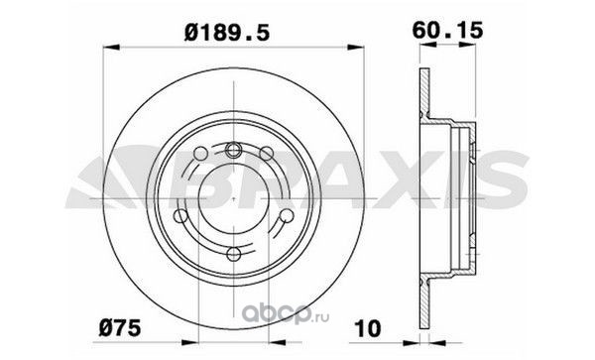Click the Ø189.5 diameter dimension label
[x=227, y=32]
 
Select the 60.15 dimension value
[x=448, y=31]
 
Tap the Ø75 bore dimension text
[x=120, y=327]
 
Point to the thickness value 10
[x=367, y=328]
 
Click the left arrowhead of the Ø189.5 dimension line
[x=111, y=48]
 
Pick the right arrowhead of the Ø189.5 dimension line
[x=356, y=48]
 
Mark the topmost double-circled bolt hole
[x=233, y=149]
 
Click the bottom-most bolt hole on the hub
[x=233, y=254]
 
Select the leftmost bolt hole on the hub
[x=180, y=216]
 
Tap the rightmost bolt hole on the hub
[x=287, y=216]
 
